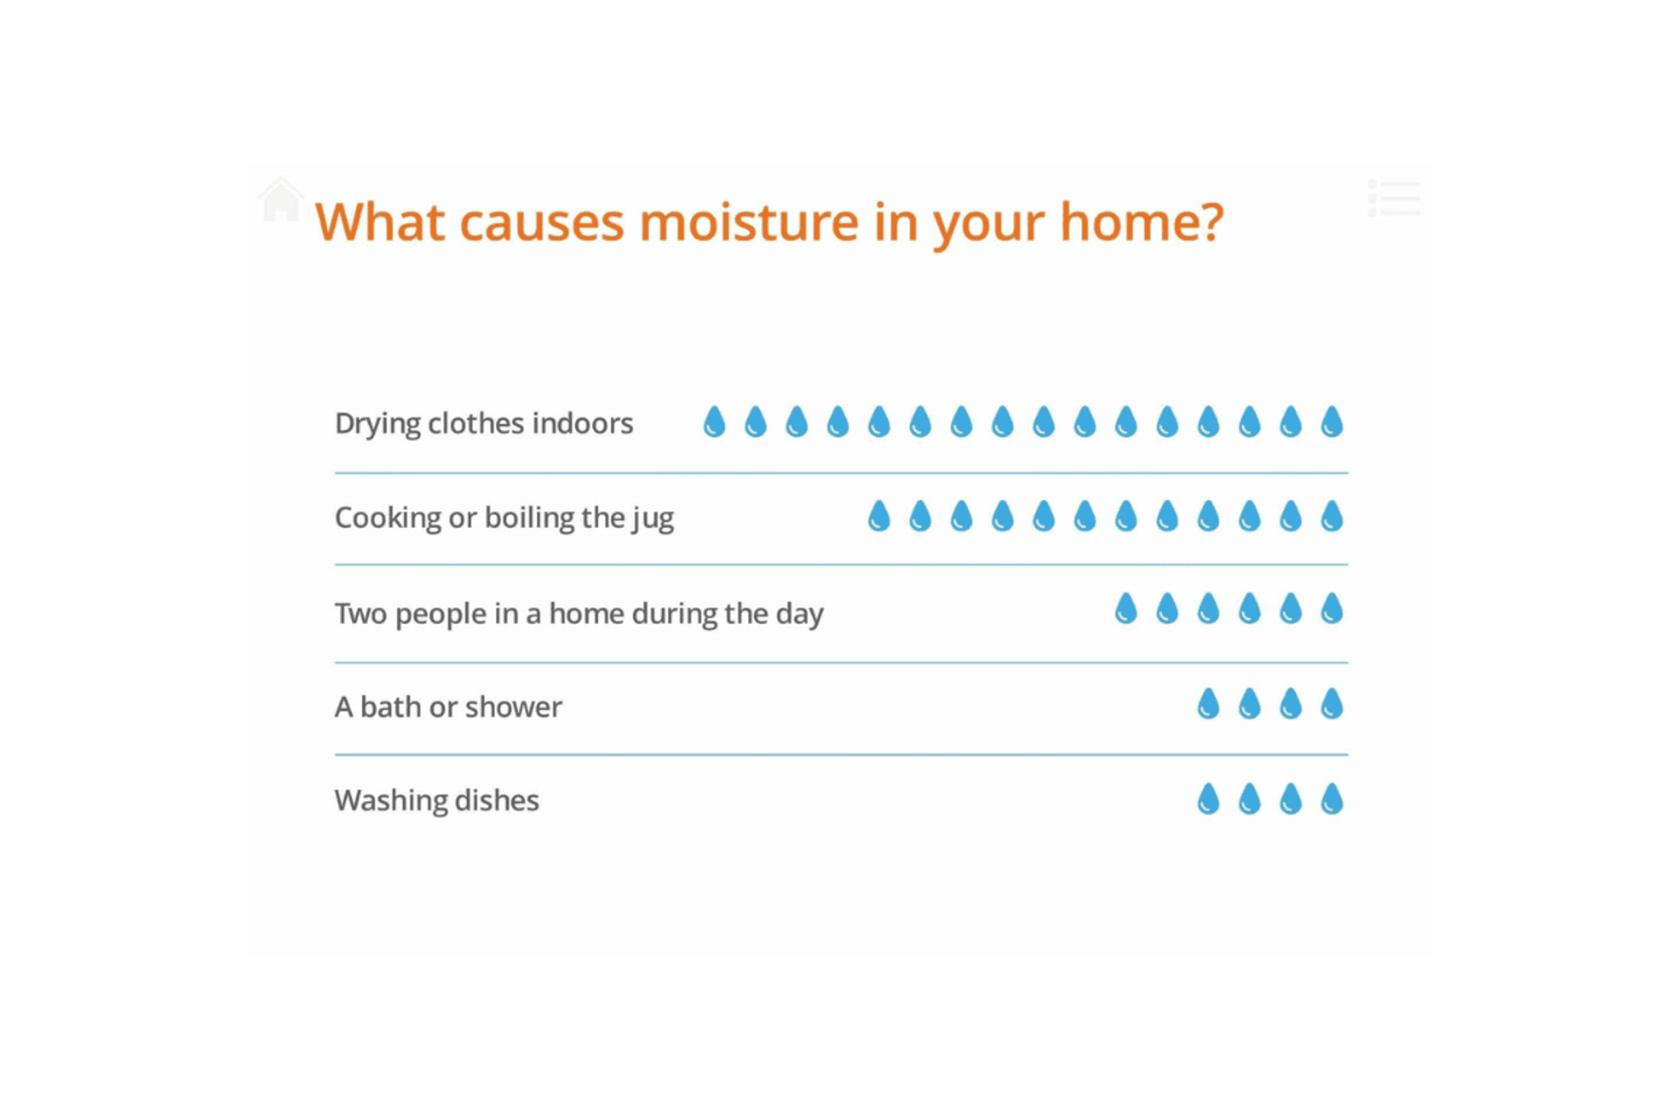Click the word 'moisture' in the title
click(749, 222)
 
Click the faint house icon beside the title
click(281, 199)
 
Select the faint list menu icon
click(1394, 198)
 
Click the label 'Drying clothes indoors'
click(484, 424)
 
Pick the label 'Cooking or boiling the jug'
click(505, 518)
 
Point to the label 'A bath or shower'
click(448, 706)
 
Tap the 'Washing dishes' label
click(436, 801)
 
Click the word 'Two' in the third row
click(360, 614)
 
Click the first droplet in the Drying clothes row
click(714, 421)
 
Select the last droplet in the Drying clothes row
click(1332, 421)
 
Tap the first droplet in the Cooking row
click(879, 516)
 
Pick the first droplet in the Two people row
click(1126, 608)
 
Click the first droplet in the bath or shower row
click(1209, 703)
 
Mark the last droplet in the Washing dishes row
click(1332, 798)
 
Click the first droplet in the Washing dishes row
click(1209, 798)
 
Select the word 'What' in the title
click(380, 222)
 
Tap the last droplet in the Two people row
click(1332, 608)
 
